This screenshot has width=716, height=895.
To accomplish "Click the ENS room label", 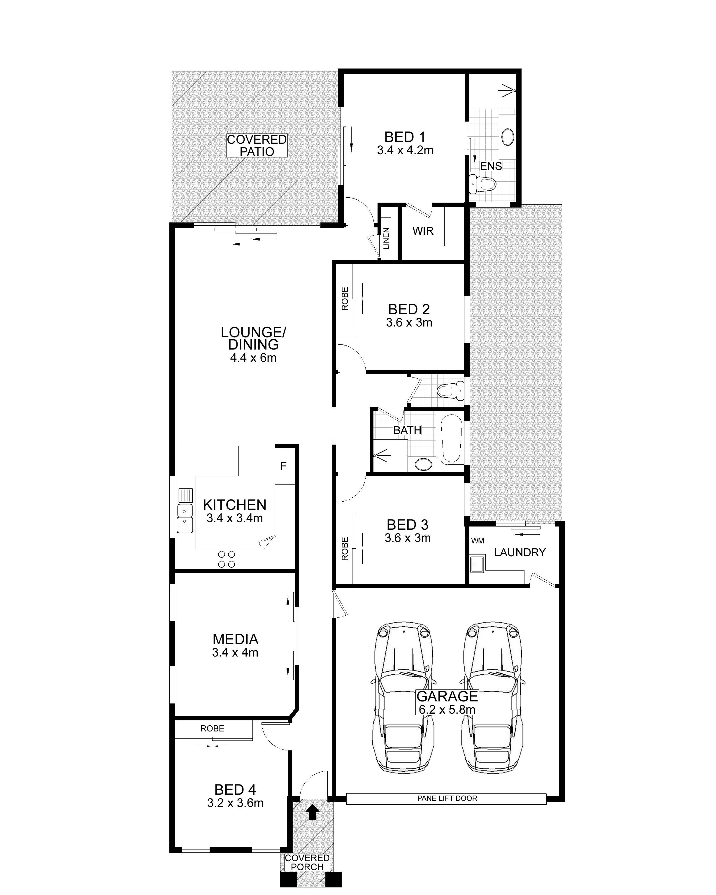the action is [x=491, y=166].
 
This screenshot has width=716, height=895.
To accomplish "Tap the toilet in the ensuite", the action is [x=482, y=184].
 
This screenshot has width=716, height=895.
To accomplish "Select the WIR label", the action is [x=423, y=231].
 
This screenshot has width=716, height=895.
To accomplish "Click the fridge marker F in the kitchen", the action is [x=283, y=466].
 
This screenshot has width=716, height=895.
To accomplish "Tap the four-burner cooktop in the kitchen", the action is [x=227, y=559].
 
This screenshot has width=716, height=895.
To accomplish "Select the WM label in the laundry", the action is [x=477, y=541].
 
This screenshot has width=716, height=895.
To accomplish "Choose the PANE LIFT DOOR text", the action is [x=447, y=798].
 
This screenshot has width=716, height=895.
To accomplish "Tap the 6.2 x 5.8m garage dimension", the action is [x=447, y=710].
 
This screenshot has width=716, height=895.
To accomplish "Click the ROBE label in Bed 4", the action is [x=212, y=728].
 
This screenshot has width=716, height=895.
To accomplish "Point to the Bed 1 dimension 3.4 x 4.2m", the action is [x=405, y=150].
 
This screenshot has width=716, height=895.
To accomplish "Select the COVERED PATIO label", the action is [x=257, y=145].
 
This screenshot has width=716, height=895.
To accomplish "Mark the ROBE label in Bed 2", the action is [x=345, y=299].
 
